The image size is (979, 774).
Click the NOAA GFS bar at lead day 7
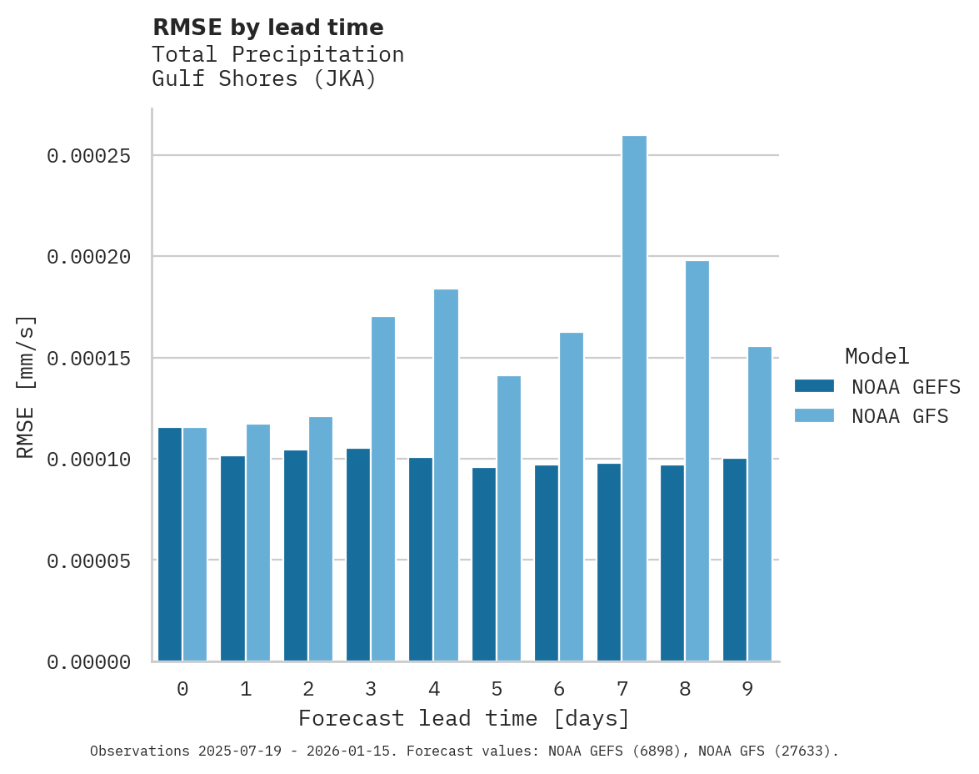[x=634, y=399]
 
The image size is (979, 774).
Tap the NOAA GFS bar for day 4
[x=446, y=475]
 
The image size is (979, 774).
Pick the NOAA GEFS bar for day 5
[x=484, y=565]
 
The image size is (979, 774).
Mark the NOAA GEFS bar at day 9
[x=735, y=560]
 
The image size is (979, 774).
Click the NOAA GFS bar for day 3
[x=383, y=490]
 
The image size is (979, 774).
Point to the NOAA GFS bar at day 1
[x=257, y=543]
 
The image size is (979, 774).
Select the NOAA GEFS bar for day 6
[x=547, y=563]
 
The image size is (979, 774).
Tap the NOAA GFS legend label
[x=900, y=416]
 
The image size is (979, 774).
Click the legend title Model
[x=877, y=356]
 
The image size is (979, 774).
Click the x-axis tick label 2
[x=308, y=690]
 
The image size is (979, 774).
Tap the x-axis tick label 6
[x=559, y=690]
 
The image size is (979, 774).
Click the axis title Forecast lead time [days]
[x=464, y=718]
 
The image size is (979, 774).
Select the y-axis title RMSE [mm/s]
[x=27, y=386]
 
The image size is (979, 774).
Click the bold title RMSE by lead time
[x=267, y=28]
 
